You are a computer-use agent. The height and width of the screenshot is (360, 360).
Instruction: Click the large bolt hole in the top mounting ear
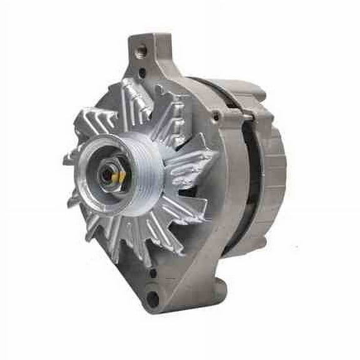click(x=140, y=49)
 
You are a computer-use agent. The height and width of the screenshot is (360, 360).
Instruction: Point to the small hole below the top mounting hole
click(x=143, y=73)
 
